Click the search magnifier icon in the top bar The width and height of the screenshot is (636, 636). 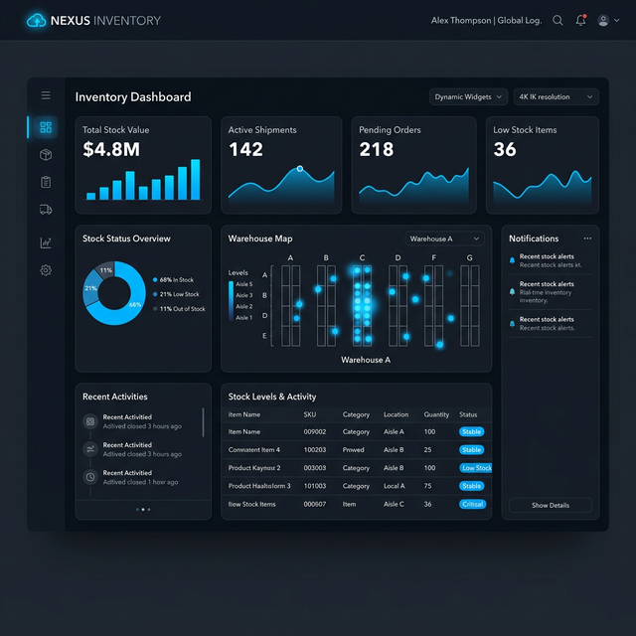(557, 20)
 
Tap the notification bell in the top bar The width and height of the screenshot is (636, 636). (580, 20)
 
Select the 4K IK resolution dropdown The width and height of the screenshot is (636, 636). (556, 97)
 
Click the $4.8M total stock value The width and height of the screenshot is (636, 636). (111, 150)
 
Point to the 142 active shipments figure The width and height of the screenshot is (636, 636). (245, 150)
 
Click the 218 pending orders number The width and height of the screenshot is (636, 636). (377, 150)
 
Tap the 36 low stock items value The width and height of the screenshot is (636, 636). (505, 150)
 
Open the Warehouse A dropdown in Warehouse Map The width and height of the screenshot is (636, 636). (444, 238)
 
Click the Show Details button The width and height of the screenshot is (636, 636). (551, 505)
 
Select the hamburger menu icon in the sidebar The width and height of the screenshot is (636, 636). (46, 95)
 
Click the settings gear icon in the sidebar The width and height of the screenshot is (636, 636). (46, 270)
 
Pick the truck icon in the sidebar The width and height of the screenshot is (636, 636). (46, 210)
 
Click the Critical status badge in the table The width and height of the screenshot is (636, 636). (472, 504)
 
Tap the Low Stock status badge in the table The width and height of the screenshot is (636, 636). (476, 468)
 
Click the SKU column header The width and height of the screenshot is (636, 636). (310, 414)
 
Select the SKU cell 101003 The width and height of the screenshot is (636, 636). (315, 486)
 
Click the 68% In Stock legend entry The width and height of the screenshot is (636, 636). (176, 280)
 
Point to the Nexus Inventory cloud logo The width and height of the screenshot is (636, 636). (37, 20)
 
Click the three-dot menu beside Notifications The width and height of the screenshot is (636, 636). (587, 238)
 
